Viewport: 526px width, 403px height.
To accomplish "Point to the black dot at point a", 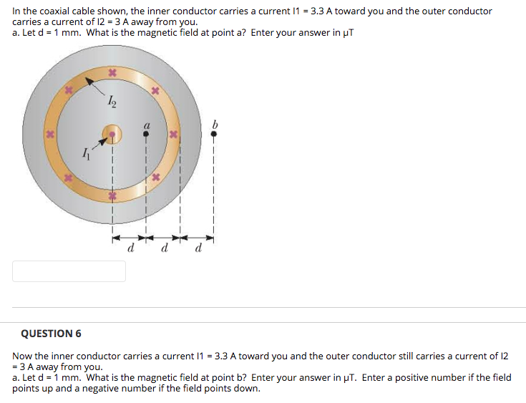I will tap(146, 134).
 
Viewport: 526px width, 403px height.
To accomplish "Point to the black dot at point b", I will tap(213, 134).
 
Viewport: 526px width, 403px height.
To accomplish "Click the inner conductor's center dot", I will tap(112, 134).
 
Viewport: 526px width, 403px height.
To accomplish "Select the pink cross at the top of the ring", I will tap(112, 73).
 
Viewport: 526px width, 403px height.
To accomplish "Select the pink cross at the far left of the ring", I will tap(50, 134).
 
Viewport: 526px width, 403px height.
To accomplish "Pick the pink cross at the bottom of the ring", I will tap(112, 195).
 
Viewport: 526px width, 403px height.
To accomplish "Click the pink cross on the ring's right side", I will tap(172, 134).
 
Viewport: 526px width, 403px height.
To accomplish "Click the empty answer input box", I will tap(69, 271).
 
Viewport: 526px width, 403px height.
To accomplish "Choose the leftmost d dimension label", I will tap(130, 249).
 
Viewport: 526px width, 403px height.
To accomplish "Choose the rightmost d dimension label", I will tap(198, 249).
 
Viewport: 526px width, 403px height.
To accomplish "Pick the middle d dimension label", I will tap(164, 249).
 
